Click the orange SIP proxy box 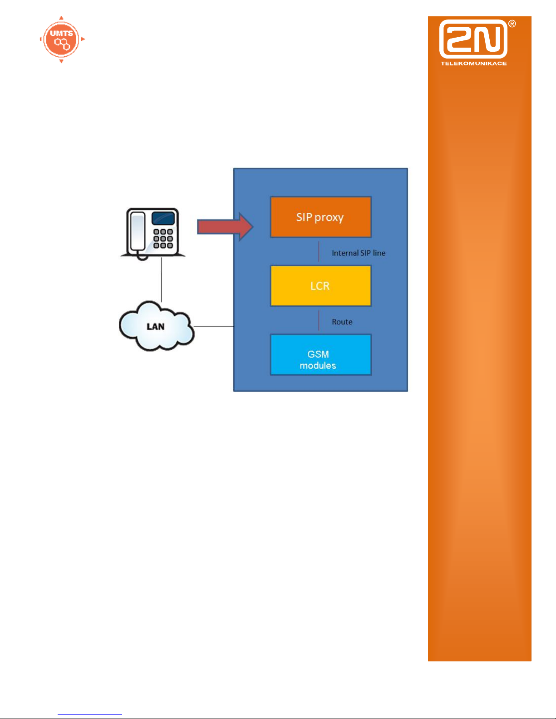coord(320,217)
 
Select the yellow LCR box coord(320,286)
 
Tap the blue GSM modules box coord(320,355)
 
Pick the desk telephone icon coord(153,233)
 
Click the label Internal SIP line coord(359,253)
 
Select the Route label coord(342,322)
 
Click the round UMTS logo coord(62,39)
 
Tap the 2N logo coord(473,39)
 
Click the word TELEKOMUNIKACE coord(473,64)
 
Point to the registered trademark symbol coord(512,24)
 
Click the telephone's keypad coord(163,239)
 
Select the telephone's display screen coord(163,218)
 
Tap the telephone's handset coord(137,232)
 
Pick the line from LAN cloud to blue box coord(213,326)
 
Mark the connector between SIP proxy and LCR coord(319,251)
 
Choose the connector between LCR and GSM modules coord(319,320)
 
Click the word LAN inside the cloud coord(155,327)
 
